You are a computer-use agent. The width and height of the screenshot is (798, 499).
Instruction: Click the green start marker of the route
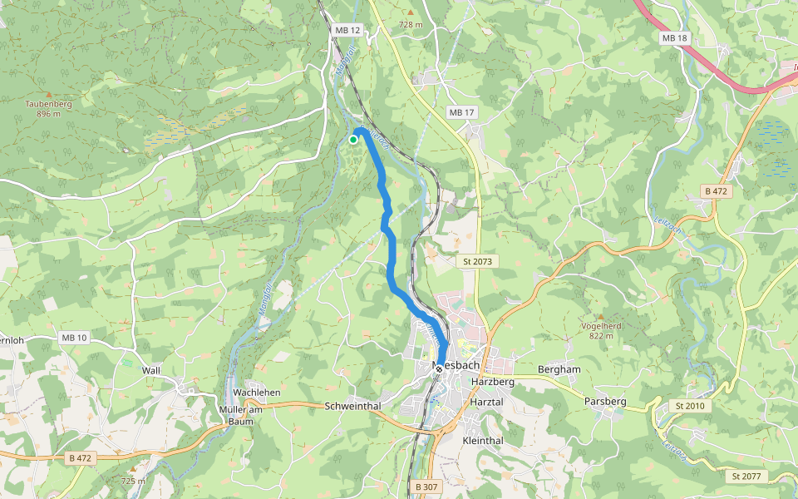[353, 140]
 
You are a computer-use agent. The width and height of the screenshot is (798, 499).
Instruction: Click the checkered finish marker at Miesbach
[439, 367]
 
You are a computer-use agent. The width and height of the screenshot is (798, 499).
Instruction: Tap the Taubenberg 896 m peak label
[49, 108]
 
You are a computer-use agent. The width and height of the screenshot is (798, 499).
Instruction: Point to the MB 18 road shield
[675, 38]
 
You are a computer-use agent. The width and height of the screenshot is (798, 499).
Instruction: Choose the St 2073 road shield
[478, 261]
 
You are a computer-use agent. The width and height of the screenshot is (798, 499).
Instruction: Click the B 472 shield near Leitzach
[717, 191]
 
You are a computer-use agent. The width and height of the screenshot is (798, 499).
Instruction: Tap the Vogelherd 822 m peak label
[600, 330]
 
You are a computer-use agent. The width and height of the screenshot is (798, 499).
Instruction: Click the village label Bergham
[559, 368]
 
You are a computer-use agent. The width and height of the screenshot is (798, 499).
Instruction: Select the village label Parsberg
[604, 402]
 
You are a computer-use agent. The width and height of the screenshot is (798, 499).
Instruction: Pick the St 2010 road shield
[689, 405]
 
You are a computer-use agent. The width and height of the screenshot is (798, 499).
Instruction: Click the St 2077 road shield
[746, 477]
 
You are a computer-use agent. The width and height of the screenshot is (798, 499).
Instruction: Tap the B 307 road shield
[425, 487]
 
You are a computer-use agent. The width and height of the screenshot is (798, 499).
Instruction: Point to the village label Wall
[150, 370]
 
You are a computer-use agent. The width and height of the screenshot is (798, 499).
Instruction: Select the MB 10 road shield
[73, 338]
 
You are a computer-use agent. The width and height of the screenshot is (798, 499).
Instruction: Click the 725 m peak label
[132, 481]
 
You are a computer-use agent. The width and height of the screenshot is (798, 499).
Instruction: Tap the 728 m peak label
[411, 24]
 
